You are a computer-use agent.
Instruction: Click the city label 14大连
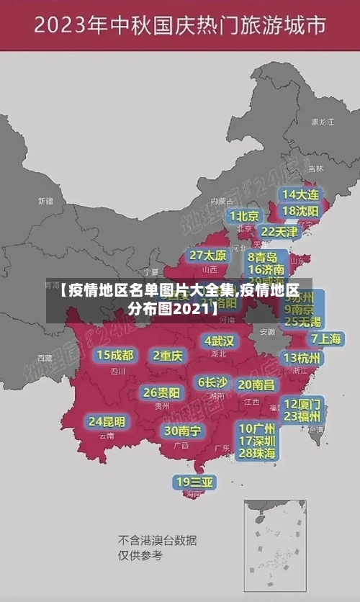tap(300, 194)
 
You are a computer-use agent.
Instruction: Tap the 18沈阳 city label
tap(300, 211)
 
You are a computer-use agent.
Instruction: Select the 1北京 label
tap(245, 216)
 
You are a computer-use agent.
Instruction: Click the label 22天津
tap(279, 232)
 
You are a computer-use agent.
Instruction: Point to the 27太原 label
tap(208, 256)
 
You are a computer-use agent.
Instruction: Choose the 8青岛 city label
tap(262, 257)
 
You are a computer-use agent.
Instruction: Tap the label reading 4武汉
tap(219, 341)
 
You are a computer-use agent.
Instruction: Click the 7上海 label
tap(325, 339)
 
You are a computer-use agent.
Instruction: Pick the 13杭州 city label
tap(302, 358)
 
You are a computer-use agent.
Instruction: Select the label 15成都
tap(115, 355)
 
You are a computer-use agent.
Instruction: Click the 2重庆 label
tap(168, 355)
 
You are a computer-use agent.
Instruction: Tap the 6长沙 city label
tap(212, 382)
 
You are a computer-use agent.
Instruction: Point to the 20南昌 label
tap(256, 385)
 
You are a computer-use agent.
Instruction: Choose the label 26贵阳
tap(161, 392)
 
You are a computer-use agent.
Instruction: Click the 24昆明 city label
tap(107, 421)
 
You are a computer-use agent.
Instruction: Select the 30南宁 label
tap(183, 431)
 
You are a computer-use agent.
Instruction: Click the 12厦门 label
tap(302, 403)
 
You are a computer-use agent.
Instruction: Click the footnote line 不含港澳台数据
tap(158, 540)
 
